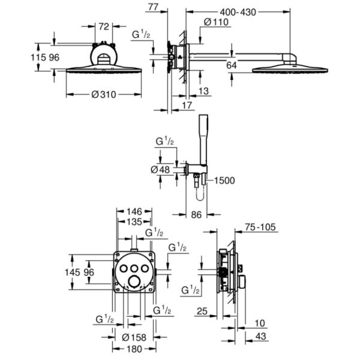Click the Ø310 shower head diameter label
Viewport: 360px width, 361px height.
point(104,94)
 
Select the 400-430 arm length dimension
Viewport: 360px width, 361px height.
point(238,12)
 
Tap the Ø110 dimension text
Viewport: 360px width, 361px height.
point(216,22)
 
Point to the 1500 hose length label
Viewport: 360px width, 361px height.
point(224,180)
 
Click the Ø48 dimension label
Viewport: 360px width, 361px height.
point(160,169)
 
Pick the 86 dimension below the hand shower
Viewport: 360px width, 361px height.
point(196,215)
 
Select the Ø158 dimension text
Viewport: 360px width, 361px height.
point(134,338)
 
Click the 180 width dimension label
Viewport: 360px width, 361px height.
point(134,349)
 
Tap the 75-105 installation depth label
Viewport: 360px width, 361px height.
point(260,227)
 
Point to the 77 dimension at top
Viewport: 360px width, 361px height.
point(153,7)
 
